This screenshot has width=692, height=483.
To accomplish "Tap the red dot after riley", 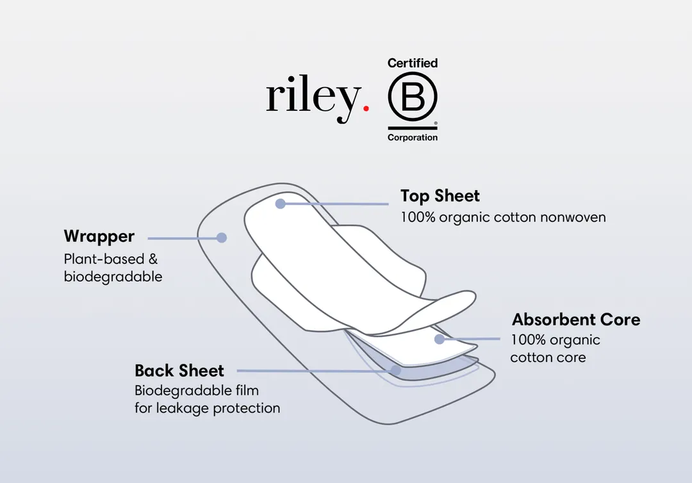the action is (366, 109).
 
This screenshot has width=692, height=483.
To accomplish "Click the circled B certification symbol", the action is (412, 97).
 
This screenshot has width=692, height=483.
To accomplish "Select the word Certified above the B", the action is (413, 63).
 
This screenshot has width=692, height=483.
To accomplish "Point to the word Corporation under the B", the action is (413, 138).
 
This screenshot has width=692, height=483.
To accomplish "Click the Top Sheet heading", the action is (440, 195).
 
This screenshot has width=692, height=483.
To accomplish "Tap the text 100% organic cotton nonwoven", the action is (503, 217).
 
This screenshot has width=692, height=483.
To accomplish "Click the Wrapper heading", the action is (99, 236).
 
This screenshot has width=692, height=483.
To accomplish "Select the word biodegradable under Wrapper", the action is (113, 277).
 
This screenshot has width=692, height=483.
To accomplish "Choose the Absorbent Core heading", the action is (575, 319).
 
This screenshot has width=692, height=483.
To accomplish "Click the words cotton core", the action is (548, 357).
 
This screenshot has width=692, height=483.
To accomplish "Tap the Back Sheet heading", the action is (179, 370).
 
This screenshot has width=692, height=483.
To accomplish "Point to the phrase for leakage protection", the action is (207, 408).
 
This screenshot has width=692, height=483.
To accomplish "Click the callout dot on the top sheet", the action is (280, 204).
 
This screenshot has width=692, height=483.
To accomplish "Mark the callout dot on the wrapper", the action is (222, 238).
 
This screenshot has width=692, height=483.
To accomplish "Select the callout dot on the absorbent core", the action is (440, 339).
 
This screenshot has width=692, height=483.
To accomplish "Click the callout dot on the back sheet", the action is (396, 370).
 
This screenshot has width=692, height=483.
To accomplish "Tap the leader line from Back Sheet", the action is (314, 370).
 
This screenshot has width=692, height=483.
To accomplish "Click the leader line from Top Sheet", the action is (336, 204).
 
